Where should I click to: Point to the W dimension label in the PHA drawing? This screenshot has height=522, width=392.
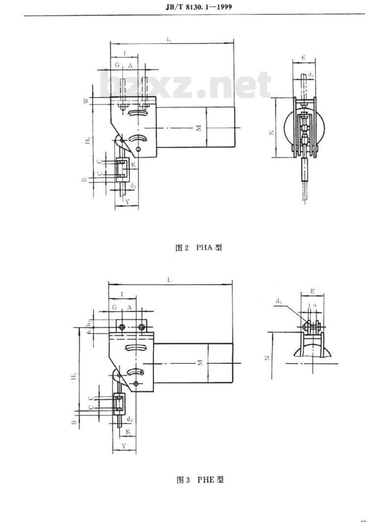tap(86, 101)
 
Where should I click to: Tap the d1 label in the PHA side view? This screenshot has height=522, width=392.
tap(312, 75)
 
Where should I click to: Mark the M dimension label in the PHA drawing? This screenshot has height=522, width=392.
tap(198, 128)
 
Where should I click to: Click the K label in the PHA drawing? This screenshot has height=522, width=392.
tap(132, 166)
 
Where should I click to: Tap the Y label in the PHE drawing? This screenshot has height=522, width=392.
tap(124, 446)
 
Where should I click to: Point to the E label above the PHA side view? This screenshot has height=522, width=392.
tap(304, 58)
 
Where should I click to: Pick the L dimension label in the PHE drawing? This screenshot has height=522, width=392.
tap(170, 279)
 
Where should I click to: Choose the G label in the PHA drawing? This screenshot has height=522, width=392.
tap(117, 65)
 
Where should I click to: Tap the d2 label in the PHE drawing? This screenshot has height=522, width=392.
tap(129, 419)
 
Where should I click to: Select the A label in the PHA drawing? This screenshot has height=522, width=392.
tap(130, 65)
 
